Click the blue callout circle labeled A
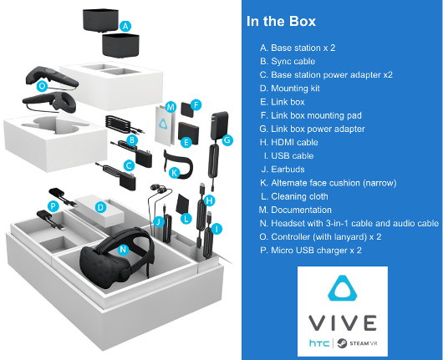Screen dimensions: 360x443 (x=125, y=27)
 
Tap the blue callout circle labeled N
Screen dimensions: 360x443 (x=124, y=249)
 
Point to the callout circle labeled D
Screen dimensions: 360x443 (x=99, y=206)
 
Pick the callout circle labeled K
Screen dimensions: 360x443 (x=174, y=173)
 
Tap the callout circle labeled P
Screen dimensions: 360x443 (x=53, y=205)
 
